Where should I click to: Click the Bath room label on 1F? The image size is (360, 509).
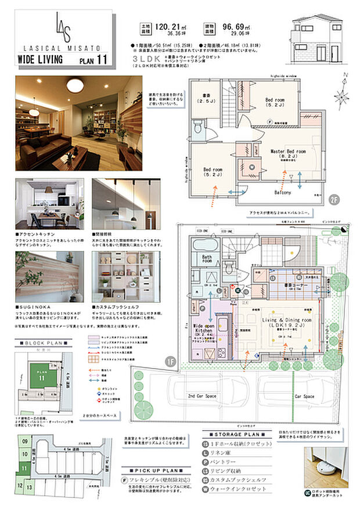click(x=207, y=258)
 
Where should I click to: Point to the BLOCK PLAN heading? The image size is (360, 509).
click(x=44, y=344)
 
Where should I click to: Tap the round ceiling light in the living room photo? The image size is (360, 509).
click(x=74, y=85)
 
